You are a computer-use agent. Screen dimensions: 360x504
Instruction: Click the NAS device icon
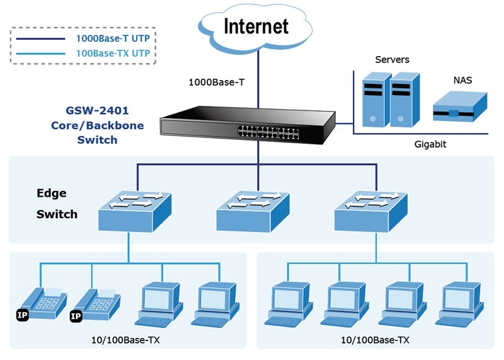pyautogui.click(x=460, y=107)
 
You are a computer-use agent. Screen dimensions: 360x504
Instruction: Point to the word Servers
pyautogui.click(x=392, y=60)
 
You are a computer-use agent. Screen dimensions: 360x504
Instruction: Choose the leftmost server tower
pyautogui.click(x=374, y=100)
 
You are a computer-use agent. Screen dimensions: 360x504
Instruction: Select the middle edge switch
pyautogui.click(x=253, y=209)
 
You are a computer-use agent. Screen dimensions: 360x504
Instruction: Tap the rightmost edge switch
pyautogui.click(x=370, y=209)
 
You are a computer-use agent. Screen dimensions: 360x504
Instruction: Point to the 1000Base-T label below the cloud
pyautogui.click(x=217, y=82)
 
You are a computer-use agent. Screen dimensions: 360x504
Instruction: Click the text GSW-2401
pyautogui.click(x=97, y=111)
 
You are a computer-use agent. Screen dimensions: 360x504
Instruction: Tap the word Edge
pyautogui.click(x=51, y=193)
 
